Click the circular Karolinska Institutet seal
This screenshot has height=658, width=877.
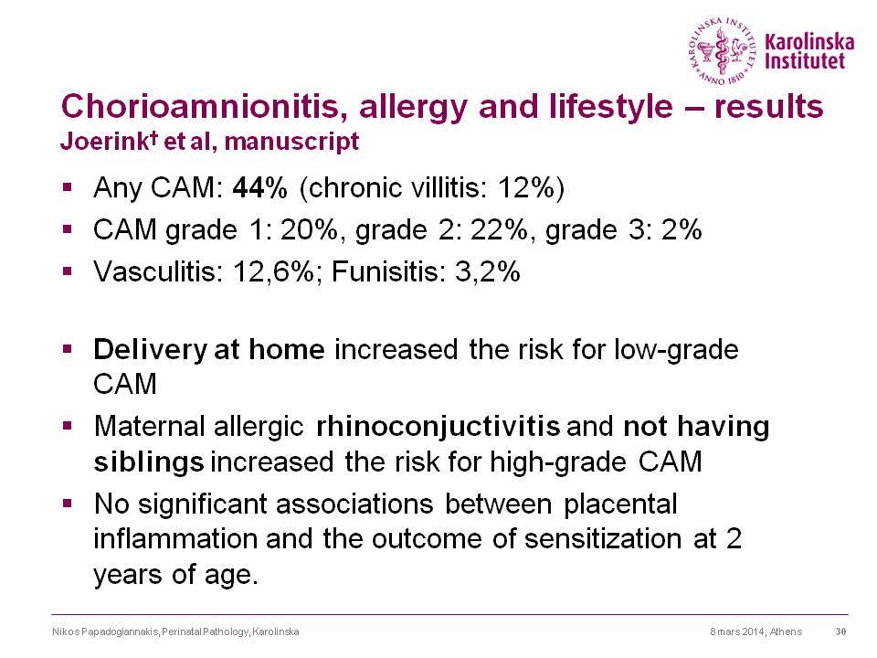pos(724,51)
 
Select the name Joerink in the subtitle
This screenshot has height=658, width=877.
pos(103,141)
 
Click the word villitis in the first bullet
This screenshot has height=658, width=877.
pos(448,187)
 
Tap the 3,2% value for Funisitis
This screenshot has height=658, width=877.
pos(488,272)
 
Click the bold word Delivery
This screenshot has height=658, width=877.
pos(150,350)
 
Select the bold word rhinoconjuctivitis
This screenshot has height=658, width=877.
pos(438,427)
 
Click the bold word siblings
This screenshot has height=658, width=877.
pos(149,462)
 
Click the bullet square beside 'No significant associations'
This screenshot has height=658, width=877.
pos(68,504)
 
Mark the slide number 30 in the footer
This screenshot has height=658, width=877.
pos(840,631)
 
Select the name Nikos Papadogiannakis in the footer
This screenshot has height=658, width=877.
pos(106,631)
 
